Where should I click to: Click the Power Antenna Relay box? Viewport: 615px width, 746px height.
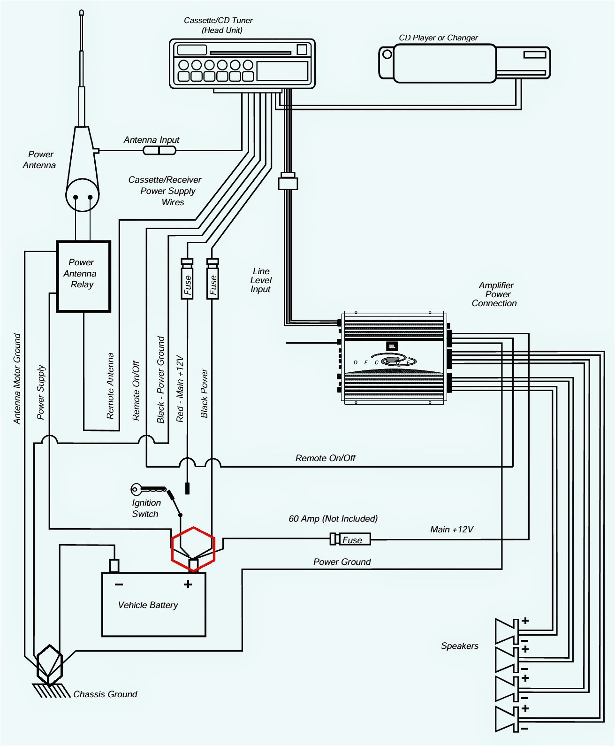[84, 276]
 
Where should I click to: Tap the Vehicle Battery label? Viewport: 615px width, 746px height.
[148, 605]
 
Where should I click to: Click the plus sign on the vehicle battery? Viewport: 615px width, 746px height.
[188, 584]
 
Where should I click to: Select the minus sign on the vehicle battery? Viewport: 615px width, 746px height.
[119, 584]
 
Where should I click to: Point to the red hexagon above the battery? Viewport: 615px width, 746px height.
[193, 549]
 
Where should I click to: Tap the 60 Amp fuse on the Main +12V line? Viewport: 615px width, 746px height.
[350, 539]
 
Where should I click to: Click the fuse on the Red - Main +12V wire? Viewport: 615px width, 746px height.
[187, 280]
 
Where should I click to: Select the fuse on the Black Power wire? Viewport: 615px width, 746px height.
[213, 280]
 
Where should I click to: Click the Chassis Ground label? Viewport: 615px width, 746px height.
[105, 694]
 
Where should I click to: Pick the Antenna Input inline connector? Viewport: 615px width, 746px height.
[159, 150]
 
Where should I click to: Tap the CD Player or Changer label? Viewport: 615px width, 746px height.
[438, 38]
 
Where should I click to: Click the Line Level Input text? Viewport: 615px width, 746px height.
[261, 280]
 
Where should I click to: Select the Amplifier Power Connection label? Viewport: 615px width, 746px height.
[495, 294]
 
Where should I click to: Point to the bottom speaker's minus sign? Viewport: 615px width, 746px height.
[524, 728]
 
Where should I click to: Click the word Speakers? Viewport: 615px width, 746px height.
[459, 646]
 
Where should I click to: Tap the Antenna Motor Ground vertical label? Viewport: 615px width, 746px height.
[17, 379]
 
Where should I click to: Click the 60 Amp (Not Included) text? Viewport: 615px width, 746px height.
[333, 519]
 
